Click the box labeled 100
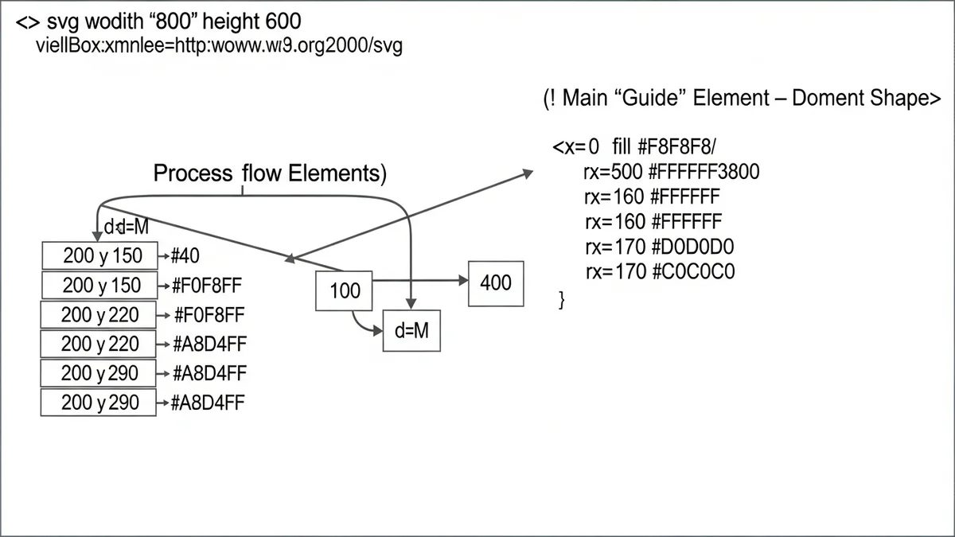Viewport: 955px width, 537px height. (345, 290)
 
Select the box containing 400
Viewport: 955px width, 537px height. (496, 282)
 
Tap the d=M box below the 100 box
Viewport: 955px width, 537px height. (411, 330)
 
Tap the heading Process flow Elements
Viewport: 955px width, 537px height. (270, 173)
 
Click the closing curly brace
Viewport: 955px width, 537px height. (563, 299)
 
